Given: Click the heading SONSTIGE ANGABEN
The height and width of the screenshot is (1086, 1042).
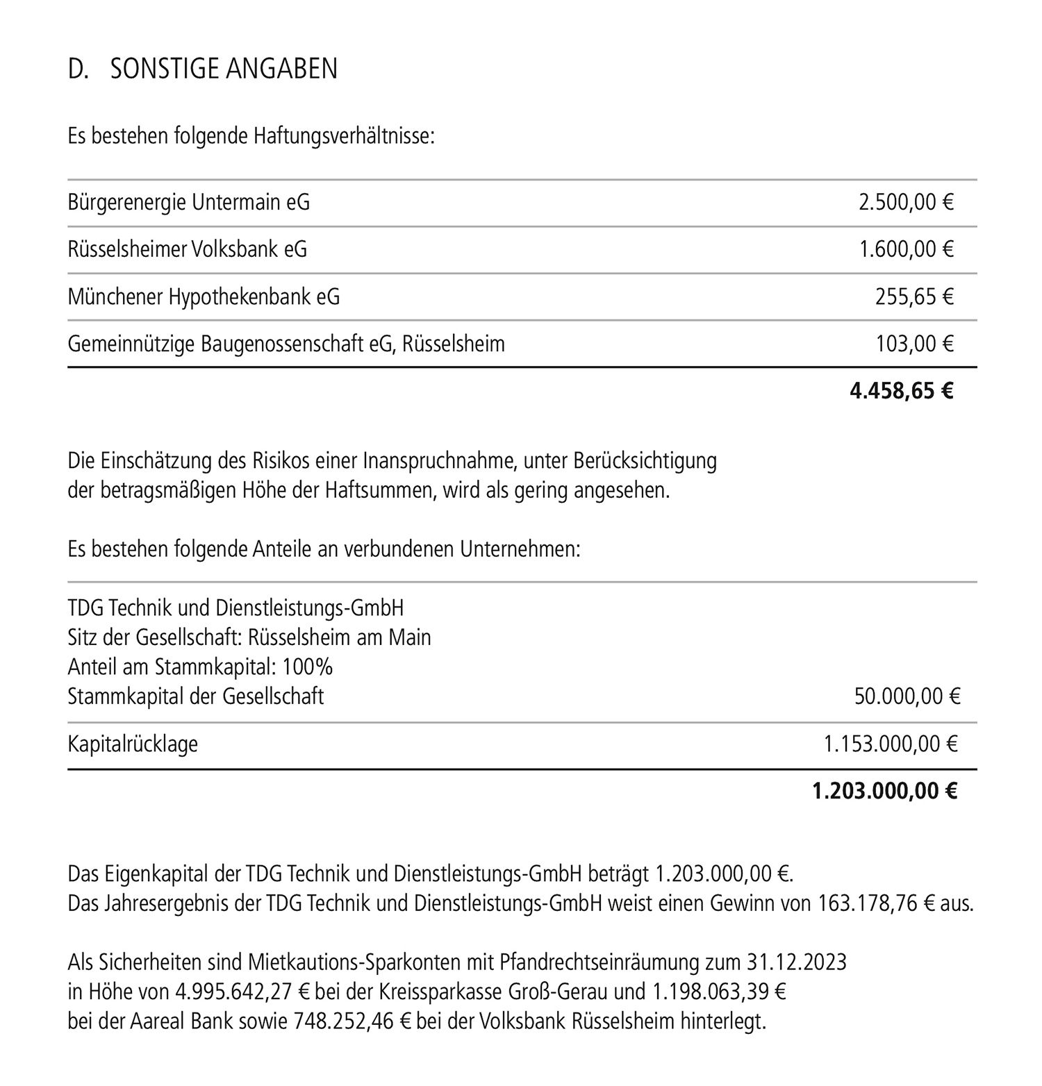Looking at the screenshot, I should (224, 69).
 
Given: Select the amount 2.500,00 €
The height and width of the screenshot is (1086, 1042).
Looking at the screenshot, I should (906, 202).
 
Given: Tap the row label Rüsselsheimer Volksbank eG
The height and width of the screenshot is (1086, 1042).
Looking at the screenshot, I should (188, 249).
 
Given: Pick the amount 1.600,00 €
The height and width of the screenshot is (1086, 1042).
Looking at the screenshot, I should (907, 249).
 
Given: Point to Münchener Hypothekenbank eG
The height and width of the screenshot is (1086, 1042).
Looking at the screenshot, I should (204, 296).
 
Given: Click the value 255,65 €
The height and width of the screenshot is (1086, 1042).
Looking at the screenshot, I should (914, 296).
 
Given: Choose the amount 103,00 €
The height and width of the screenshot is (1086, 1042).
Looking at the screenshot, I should (915, 343).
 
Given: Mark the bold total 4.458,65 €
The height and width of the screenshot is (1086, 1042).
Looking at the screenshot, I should (902, 391).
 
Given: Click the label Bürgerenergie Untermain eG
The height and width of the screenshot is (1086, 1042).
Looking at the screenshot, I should (189, 202).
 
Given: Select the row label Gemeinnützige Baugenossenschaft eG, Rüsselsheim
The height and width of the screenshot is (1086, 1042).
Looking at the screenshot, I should (286, 343).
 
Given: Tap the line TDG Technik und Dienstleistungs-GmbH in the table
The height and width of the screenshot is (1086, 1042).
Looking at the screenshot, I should (235, 608).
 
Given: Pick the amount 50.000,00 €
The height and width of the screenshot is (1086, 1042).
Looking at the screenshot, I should (907, 696).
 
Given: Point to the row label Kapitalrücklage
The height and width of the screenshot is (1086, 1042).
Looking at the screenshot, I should (133, 744).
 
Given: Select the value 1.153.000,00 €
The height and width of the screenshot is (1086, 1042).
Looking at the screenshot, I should (891, 744).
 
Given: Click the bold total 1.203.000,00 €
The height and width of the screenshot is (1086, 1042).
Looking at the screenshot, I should (885, 791).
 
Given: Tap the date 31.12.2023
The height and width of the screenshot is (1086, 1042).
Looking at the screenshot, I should (797, 962).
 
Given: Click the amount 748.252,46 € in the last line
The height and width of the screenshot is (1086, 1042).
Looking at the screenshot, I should (354, 1021).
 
